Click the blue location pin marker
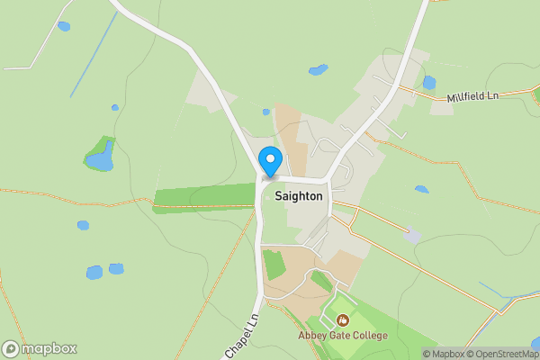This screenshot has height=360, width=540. pos(269,161)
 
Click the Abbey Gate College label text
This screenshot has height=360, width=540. pos(343,336)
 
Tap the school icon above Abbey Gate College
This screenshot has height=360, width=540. pos(343,319)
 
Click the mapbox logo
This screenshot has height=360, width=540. pos(40,348)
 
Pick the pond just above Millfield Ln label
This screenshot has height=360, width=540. pos(429,82)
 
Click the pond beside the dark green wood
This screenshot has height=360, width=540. pos(101,160)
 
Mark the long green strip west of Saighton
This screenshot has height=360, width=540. pos(204,196)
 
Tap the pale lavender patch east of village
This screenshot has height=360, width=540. pos(411,235)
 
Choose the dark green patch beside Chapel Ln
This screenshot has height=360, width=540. pos(274,265)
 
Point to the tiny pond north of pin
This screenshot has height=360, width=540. pos(266,112)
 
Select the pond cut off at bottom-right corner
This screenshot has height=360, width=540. pos(536,343)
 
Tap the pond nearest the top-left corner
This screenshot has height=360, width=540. pos(64,26)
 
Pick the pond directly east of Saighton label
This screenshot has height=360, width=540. pos(421,189)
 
